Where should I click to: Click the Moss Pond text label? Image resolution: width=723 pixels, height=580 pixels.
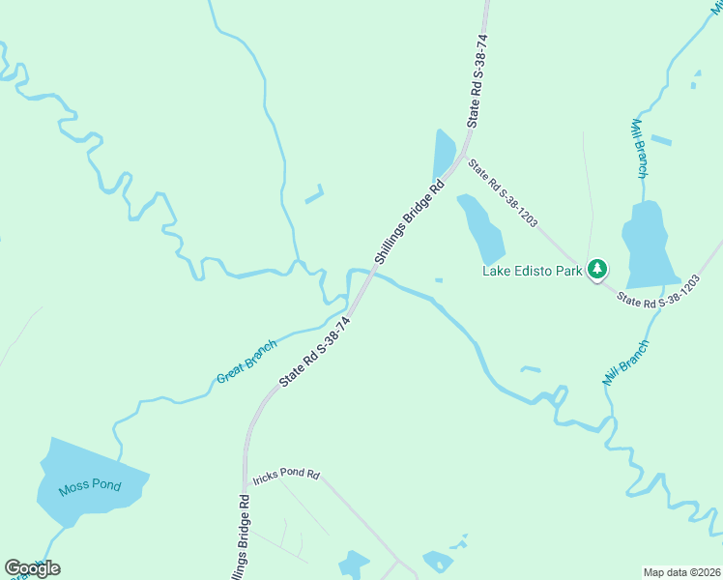click(89, 485)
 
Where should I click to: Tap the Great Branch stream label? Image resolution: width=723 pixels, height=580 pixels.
click(246, 361)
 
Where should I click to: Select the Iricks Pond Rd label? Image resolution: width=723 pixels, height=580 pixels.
click(286, 476)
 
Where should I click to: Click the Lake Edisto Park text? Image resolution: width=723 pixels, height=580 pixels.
click(533, 271)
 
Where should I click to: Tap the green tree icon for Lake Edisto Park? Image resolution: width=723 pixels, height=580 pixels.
click(598, 269)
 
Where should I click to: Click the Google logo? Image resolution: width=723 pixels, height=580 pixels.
click(32, 568)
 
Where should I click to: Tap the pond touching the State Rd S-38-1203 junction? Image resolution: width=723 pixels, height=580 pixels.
click(444, 153)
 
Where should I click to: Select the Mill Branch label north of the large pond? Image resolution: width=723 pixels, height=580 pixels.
click(639, 149)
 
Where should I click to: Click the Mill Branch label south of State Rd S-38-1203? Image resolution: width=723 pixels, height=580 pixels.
click(625, 362)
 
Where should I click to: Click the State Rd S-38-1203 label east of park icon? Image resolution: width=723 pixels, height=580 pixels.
click(658, 293)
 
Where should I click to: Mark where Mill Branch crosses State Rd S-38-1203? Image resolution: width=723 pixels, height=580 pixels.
click(674, 283)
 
